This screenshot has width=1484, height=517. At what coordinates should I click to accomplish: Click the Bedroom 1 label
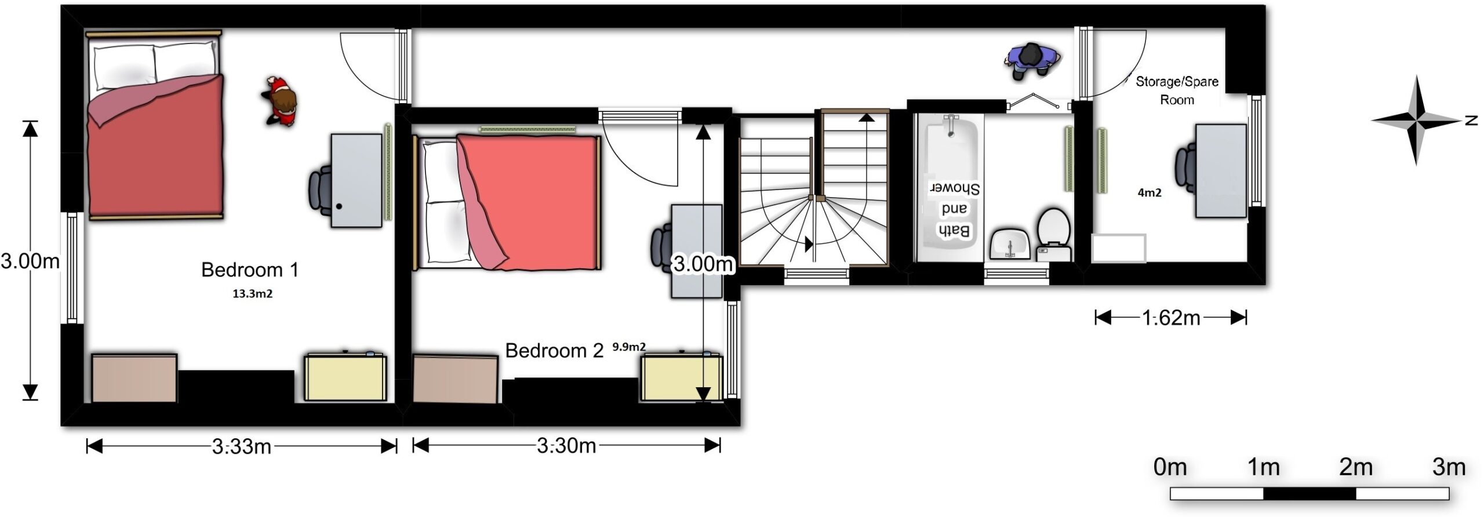250,270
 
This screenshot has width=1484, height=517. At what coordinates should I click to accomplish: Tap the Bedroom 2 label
554,351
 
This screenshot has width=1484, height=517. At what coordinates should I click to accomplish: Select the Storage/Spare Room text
1177,90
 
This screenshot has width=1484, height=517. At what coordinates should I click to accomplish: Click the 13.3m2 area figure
252,294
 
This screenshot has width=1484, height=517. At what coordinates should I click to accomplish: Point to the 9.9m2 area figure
629,347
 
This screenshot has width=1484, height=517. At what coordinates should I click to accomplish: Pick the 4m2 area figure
1150,193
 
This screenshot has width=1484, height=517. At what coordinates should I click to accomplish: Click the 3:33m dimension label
241,447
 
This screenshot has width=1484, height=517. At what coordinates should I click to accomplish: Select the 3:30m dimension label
566,446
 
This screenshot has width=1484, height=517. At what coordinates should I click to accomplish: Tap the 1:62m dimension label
1171,318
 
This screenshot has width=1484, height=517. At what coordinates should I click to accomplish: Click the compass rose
1416,121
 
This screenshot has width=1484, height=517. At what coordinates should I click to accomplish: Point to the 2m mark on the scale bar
1356,467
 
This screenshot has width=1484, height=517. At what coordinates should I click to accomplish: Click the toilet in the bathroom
1053,235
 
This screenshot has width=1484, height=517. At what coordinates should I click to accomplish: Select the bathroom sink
1010,244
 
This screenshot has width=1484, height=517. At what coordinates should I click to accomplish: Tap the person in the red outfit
281,101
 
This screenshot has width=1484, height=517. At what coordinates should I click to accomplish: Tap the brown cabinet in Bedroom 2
455,379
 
